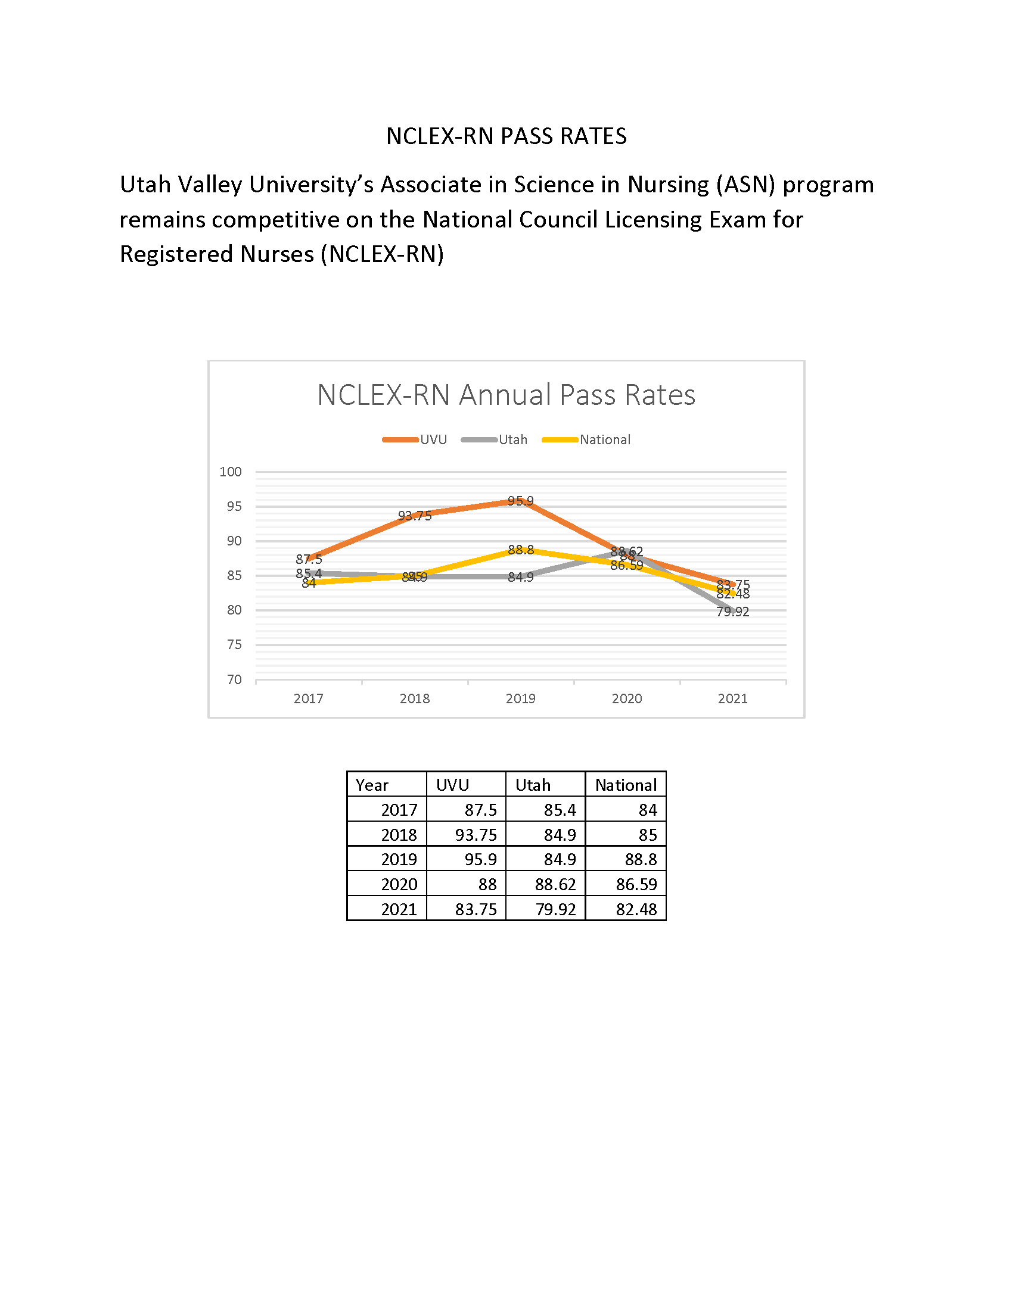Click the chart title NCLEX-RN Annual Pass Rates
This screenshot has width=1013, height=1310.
[506, 395]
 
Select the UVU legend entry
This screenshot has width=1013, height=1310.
[433, 439]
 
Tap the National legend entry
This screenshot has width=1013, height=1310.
[604, 439]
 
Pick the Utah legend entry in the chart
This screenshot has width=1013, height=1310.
[512, 439]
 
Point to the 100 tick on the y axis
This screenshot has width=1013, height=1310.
[231, 472]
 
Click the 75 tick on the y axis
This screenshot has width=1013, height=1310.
[234, 645]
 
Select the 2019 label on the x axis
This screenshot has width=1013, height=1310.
[520, 699]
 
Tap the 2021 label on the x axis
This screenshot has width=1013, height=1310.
[732, 699]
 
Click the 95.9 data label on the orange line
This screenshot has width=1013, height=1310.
[520, 501]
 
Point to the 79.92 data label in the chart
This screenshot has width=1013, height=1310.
[732, 612]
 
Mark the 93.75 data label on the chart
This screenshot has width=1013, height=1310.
[415, 516]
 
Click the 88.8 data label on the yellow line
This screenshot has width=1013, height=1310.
[520, 550]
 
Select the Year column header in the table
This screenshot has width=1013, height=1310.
[372, 785]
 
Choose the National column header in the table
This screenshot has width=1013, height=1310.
[625, 785]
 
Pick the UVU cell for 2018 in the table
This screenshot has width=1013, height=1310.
[476, 835]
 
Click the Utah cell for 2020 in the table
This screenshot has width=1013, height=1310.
[555, 885]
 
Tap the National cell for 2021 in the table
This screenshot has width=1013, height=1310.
[636, 909]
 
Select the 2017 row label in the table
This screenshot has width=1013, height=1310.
[399, 810]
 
